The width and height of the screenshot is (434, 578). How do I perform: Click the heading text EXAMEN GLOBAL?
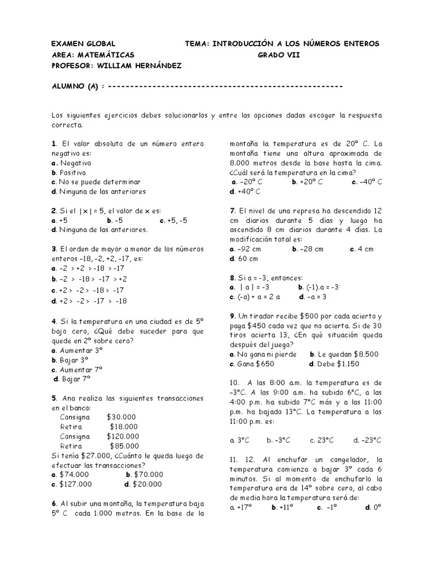pos(83,43)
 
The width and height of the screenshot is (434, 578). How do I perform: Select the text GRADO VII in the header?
pos(279,55)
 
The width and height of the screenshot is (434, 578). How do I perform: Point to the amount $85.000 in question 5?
pos(124,446)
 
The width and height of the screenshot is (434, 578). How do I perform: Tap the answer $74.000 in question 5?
pos(74,474)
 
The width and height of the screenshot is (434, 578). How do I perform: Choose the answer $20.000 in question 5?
pos(146,484)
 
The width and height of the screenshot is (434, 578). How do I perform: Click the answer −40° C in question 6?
pos(371,182)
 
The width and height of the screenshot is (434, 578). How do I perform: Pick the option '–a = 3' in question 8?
pos(316,296)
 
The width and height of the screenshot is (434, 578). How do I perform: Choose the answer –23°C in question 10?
pos(371,440)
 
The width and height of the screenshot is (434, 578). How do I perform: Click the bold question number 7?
pos(232,211)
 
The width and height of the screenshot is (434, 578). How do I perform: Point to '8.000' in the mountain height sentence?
pos(241,163)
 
